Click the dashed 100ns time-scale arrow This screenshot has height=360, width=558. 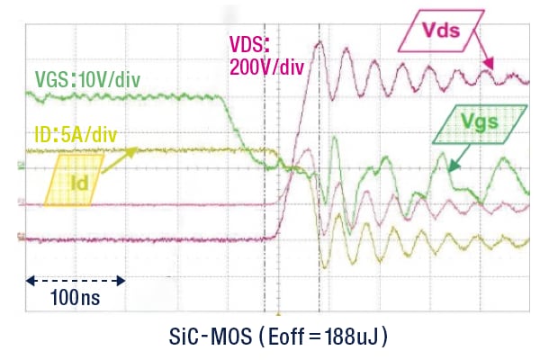[x=76, y=281]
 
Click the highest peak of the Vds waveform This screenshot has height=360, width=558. [x=319, y=43]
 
